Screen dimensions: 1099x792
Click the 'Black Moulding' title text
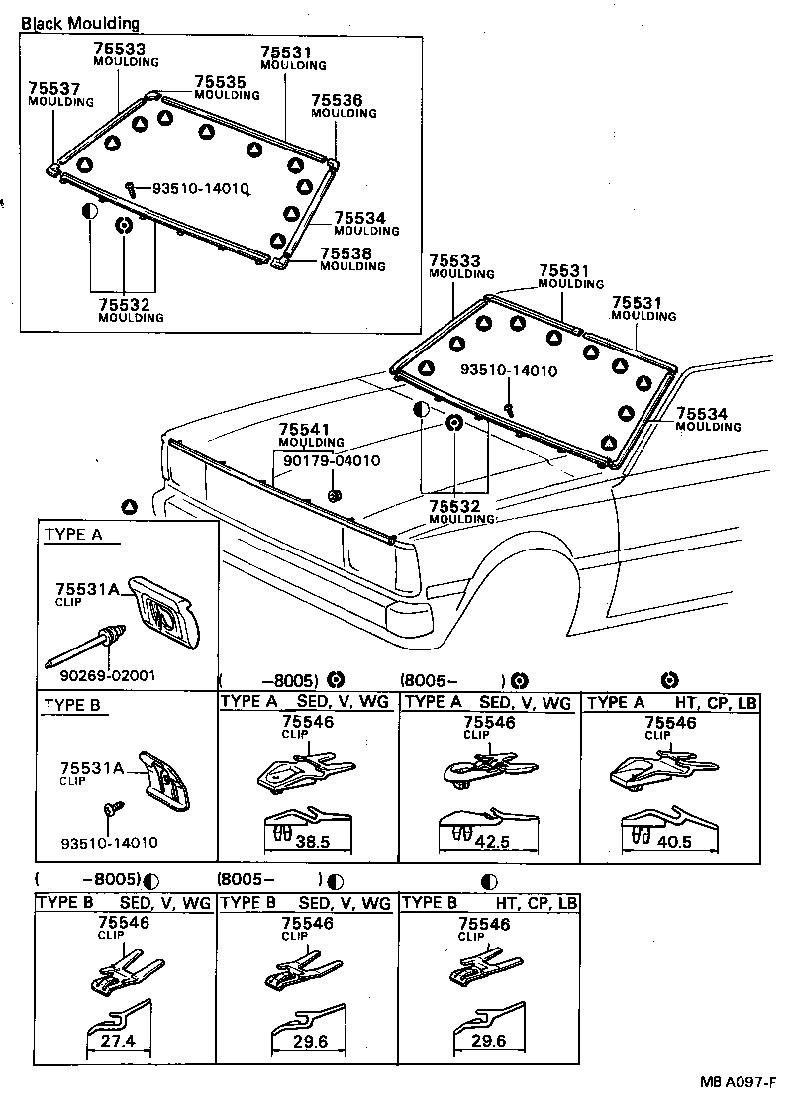pyautogui.click(x=80, y=23)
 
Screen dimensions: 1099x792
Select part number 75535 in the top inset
pyautogui.click(x=215, y=83)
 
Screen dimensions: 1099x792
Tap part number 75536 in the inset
pyautogui.click(x=337, y=101)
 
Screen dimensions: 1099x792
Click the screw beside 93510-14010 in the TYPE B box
pyautogui.click(x=112, y=809)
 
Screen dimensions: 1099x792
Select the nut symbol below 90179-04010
pyautogui.click(x=334, y=494)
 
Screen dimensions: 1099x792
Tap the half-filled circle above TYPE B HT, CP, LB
pyautogui.click(x=489, y=880)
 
